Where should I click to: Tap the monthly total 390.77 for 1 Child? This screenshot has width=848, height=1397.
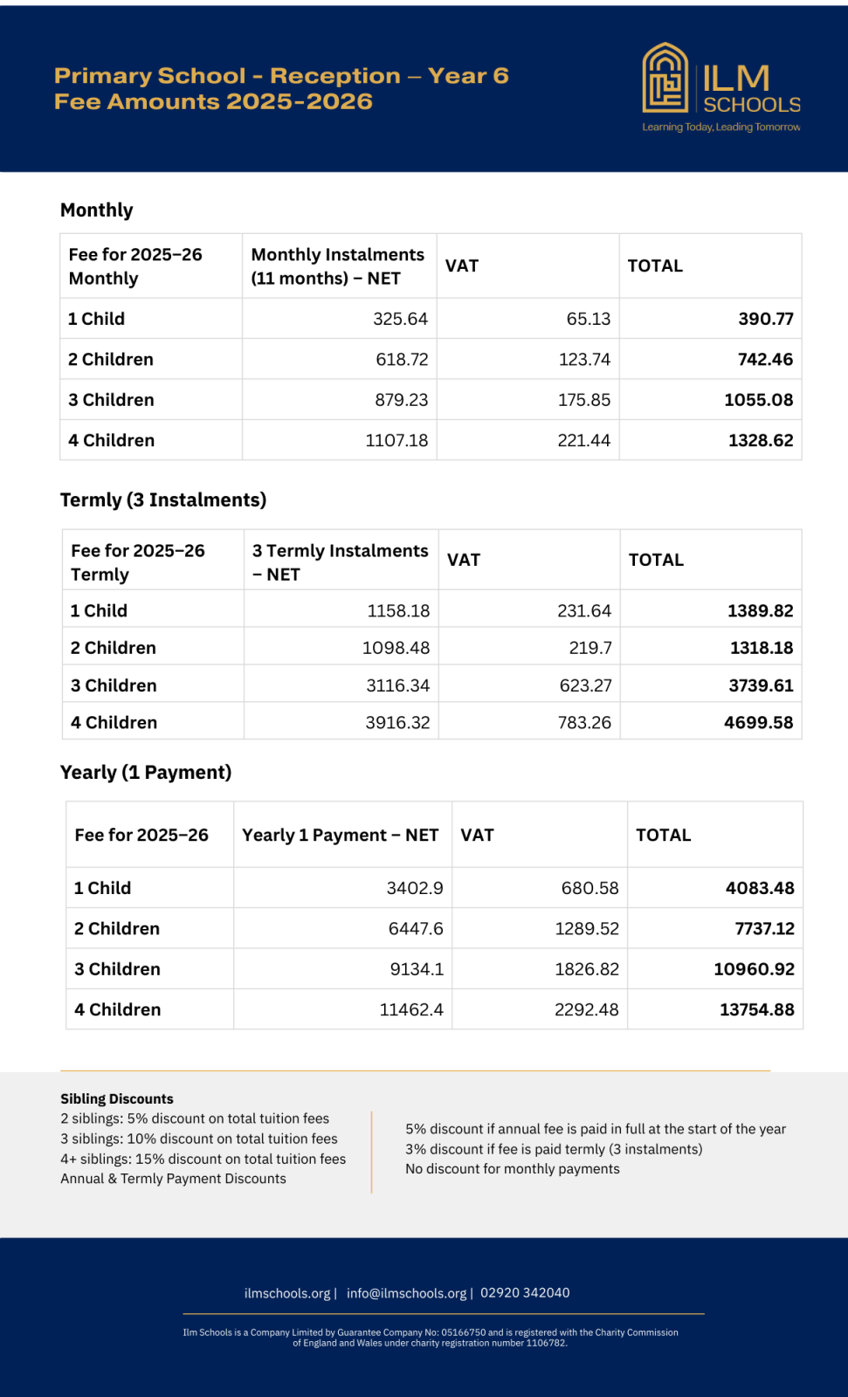click(765, 319)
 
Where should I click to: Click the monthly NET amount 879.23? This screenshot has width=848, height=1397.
click(401, 400)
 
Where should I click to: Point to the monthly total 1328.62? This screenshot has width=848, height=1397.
click(760, 440)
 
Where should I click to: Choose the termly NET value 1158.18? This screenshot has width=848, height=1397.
click(398, 611)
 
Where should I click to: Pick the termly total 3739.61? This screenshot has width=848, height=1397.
click(760, 685)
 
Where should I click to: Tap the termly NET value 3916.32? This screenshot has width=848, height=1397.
click(397, 723)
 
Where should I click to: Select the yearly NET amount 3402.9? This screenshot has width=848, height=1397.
click(415, 888)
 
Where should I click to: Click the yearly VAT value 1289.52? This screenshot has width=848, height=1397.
click(586, 929)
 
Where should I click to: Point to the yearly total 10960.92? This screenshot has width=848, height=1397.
click(754, 969)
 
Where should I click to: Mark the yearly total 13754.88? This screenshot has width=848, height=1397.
click(756, 1010)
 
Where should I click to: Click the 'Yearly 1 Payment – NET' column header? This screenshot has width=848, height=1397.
click(340, 836)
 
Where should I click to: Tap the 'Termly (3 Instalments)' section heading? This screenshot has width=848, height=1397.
click(163, 500)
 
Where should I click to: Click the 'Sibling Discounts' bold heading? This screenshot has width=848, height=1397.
click(117, 1099)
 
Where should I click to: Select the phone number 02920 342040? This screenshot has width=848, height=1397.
click(525, 1293)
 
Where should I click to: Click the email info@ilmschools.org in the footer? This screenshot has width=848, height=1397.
click(406, 1293)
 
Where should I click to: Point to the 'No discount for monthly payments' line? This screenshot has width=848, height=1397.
click(513, 1169)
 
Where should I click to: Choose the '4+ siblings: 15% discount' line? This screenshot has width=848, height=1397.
click(203, 1160)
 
